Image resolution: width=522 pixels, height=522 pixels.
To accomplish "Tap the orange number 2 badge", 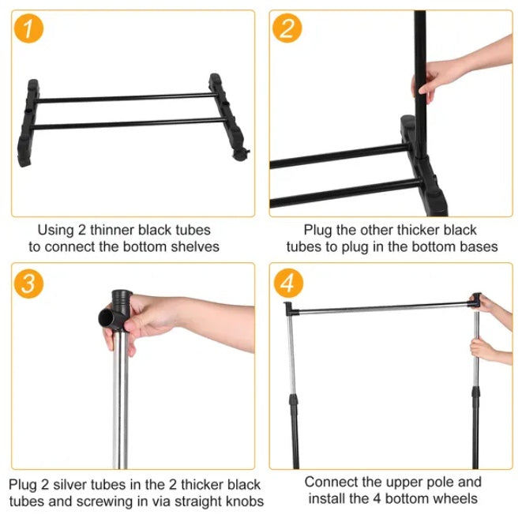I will pos(287,29).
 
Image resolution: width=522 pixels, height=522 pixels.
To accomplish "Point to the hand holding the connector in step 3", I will pos(146,320).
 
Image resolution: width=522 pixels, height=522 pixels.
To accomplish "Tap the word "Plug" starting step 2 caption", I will pos(319,230).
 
